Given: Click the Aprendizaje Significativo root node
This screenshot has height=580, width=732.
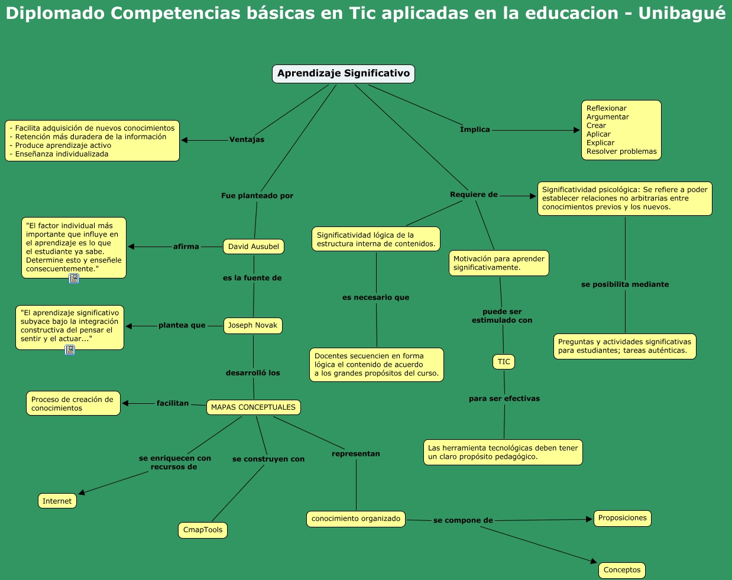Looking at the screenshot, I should (344, 74).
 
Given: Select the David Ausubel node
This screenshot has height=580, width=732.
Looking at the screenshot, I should (254, 247).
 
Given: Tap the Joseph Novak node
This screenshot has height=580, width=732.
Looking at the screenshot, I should (252, 325).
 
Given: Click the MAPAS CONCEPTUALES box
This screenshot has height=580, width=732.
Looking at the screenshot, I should (253, 407).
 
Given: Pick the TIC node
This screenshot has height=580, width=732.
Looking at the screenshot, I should (504, 362).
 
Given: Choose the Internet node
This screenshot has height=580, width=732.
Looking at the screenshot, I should (57, 501).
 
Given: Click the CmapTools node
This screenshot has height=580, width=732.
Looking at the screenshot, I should (203, 530).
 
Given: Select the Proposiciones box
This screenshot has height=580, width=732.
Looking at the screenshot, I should (623, 518).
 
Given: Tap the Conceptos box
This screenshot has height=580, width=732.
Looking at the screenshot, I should (622, 570).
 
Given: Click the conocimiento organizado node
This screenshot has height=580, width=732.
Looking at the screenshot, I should (356, 519).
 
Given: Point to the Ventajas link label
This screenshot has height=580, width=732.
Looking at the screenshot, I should (247, 140).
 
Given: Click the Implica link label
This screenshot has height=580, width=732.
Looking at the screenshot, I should (475, 129).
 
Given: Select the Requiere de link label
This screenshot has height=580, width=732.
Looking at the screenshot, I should (474, 195).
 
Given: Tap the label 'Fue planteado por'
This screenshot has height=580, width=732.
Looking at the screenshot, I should (257, 196).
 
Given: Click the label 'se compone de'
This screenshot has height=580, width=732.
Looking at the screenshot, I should (463, 520).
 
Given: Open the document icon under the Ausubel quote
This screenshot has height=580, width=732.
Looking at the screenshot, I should (74, 278).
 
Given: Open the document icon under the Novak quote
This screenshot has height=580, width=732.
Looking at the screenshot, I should (70, 350).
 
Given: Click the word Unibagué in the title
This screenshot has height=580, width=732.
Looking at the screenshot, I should (682, 13).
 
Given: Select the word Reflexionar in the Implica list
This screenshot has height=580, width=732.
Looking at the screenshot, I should (606, 108).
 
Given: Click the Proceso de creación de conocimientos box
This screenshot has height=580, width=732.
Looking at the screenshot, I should (73, 404).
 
